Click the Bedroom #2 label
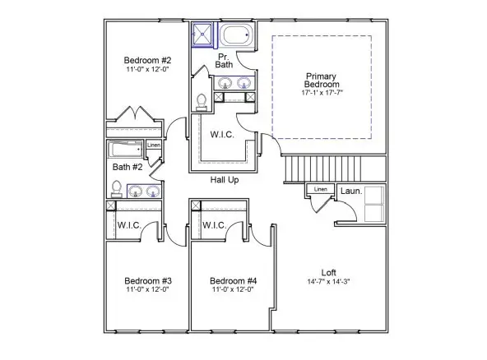pyautogui.click(x=148, y=60)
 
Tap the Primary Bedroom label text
pyautogui.click(x=322, y=80)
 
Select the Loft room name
pyautogui.click(x=329, y=273)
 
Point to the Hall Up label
pyautogui.click(x=225, y=179)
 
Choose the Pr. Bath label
pyautogui.click(x=224, y=60)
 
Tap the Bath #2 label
pyautogui.click(x=128, y=168)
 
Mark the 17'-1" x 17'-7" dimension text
pyautogui.click(x=322, y=94)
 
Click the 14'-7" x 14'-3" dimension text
pyautogui.click(x=329, y=284)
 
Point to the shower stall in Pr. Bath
pyautogui.click(x=202, y=36)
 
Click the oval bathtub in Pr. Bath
pyautogui.click(x=238, y=37)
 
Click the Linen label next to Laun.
pyautogui.click(x=321, y=190)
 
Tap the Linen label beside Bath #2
pyautogui.click(x=153, y=146)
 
